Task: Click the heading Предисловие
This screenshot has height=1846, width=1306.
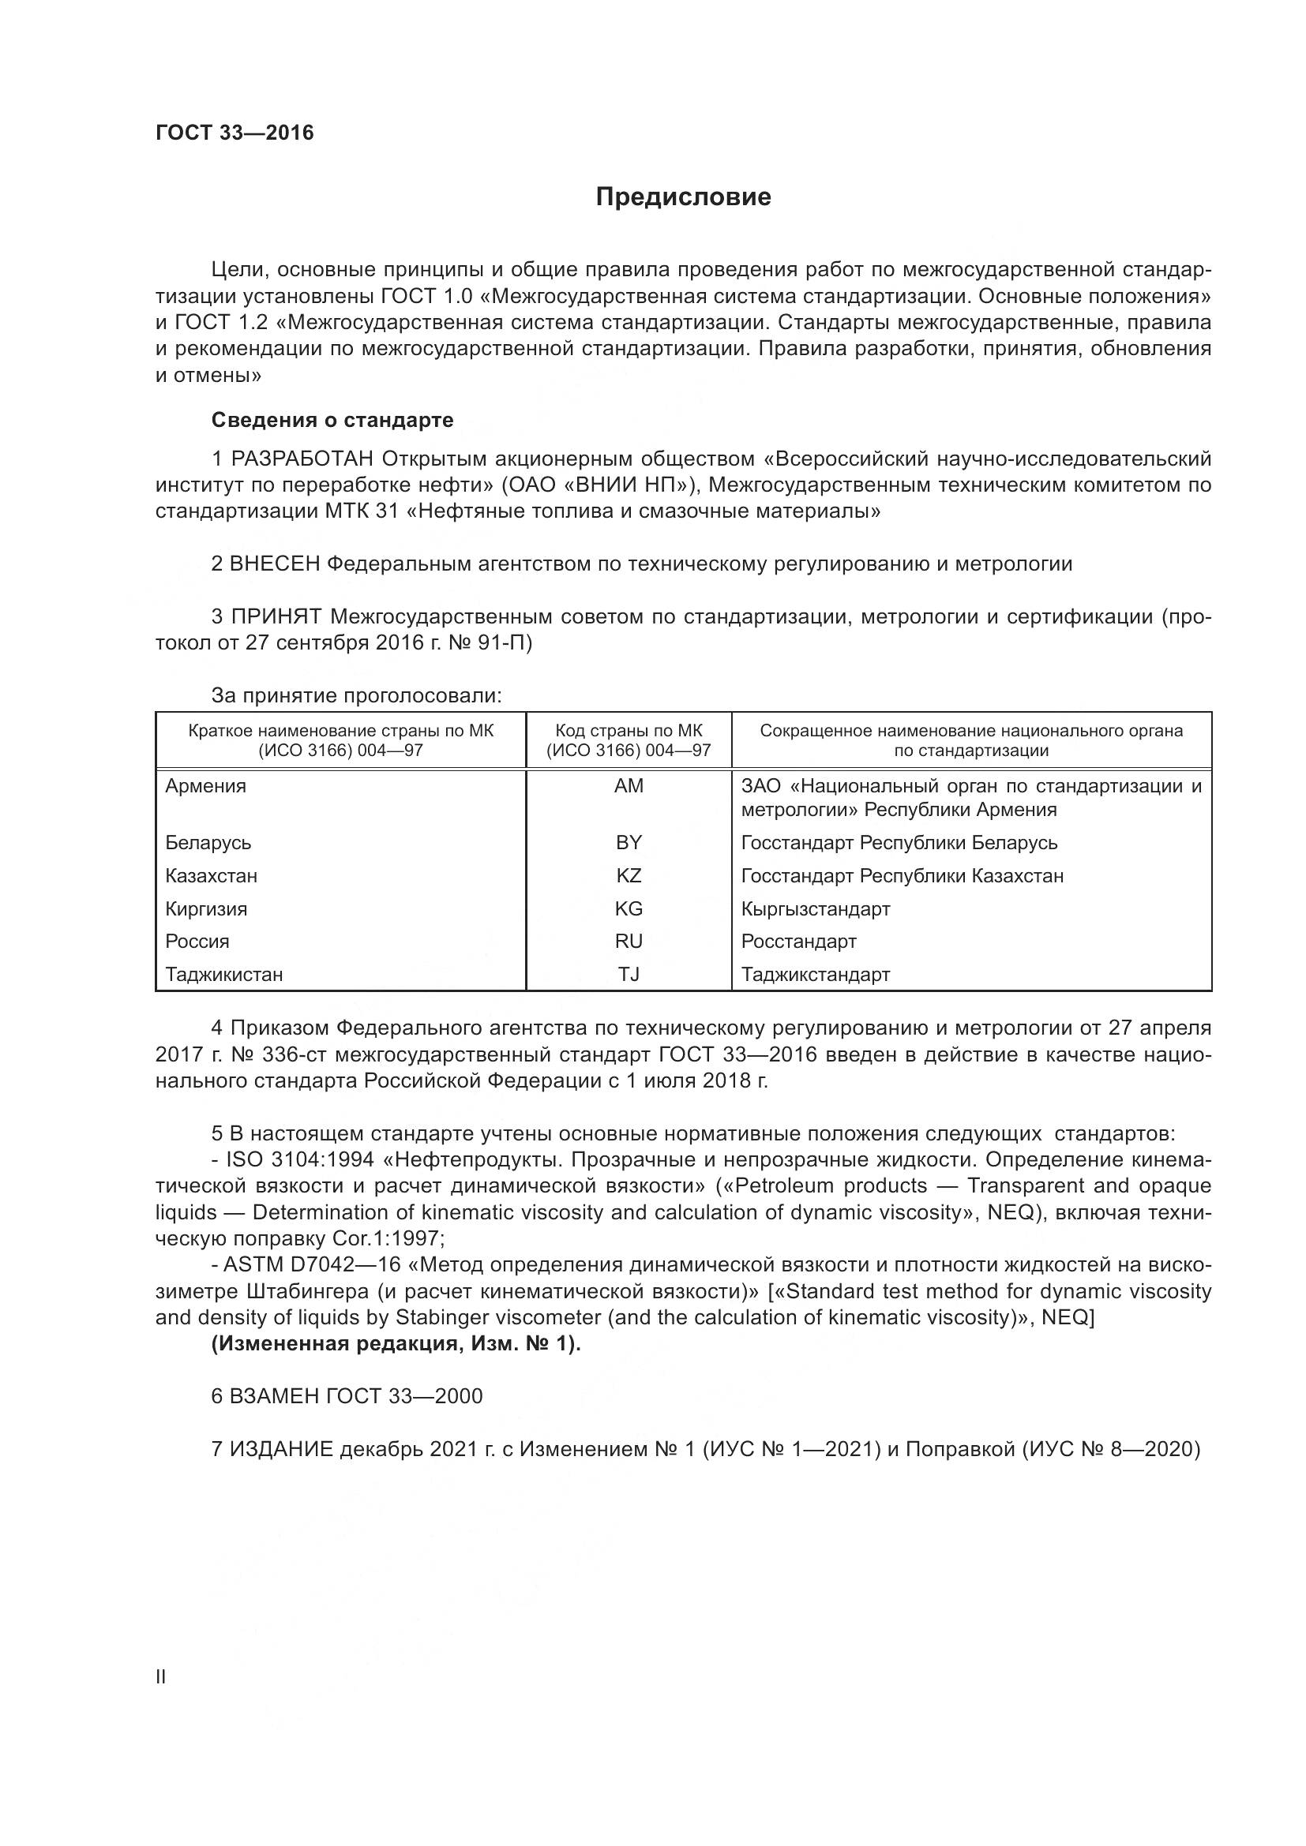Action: pyautogui.click(x=683, y=197)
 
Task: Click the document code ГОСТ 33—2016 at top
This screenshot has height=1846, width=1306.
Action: pyautogui.click(x=234, y=133)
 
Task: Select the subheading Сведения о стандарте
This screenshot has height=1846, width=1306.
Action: pyautogui.click(x=332, y=420)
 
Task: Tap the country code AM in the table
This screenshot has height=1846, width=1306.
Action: pyautogui.click(x=628, y=786)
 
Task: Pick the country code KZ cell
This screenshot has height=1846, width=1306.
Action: pyautogui.click(x=628, y=875)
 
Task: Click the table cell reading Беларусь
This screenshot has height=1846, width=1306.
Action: pyautogui.click(x=208, y=843)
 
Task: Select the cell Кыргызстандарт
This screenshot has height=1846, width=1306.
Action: pyautogui.click(x=816, y=909)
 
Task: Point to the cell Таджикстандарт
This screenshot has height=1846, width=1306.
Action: pyautogui.click(x=816, y=975)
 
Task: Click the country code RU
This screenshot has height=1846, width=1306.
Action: pyautogui.click(x=628, y=942)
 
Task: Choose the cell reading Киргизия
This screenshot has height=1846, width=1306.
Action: pyautogui.click(x=206, y=909)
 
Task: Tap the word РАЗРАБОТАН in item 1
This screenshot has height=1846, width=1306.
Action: pyautogui.click(x=302, y=459)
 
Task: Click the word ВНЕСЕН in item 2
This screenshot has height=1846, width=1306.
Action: pyautogui.click(x=275, y=564)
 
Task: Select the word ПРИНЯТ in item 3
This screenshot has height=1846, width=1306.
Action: pyautogui.click(x=276, y=616)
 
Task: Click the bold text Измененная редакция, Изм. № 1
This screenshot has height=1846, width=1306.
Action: pyautogui.click(x=395, y=1344)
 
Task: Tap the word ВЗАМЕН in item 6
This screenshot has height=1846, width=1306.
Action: pyautogui.click(x=275, y=1397)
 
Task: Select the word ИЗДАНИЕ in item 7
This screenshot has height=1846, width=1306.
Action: pyautogui.click(x=281, y=1450)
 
